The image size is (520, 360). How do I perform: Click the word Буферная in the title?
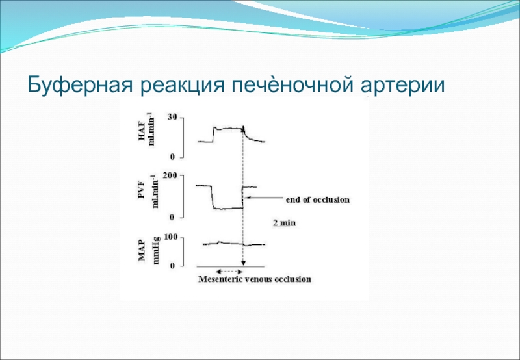point(81,85)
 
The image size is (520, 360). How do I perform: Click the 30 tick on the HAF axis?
point(172,117)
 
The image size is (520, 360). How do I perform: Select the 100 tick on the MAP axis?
point(171,237)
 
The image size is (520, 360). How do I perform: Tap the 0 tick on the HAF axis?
point(172,157)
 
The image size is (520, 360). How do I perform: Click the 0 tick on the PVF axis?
point(172,218)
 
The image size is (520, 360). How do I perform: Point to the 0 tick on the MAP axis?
point(172,266)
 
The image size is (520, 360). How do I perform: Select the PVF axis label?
point(142,192)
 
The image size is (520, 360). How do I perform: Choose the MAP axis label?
point(142,251)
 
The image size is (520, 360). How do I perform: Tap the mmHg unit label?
point(156,250)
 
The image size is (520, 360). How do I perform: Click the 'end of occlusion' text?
point(318,199)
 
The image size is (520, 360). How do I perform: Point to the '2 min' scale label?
point(284,223)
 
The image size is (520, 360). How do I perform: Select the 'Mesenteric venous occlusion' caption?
point(255,279)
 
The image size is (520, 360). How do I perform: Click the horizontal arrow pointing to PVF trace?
point(265,198)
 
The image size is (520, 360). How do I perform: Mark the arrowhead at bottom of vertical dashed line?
point(243,263)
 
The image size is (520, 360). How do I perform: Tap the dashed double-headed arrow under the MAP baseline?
point(227,272)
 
